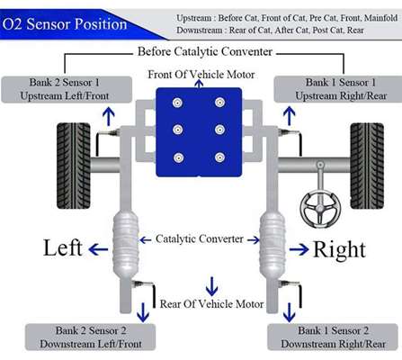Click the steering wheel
(x=320, y=209)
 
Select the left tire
(x=74, y=166)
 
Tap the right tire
(x=367, y=166)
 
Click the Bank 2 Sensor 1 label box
(x=67, y=89)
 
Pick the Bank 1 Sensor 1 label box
(x=338, y=89)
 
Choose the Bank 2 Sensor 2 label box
(x=90, y=337)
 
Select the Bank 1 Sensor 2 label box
(x=333, y=337)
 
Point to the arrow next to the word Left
(x=98, y=249)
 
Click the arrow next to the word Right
(x=299, y=249)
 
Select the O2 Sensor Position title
(x=65, y=24)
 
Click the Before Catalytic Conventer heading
(x=205, y=51)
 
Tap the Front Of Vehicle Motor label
(x=201, y=75)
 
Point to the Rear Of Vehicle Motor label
(x=211, y=304)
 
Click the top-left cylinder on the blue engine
(x=178, y=103)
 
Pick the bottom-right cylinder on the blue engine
(x=219, y=157)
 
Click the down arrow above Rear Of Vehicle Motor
(x=212, y=286)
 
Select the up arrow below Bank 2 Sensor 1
(x=109, y=117)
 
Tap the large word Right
(x=339, y=249)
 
